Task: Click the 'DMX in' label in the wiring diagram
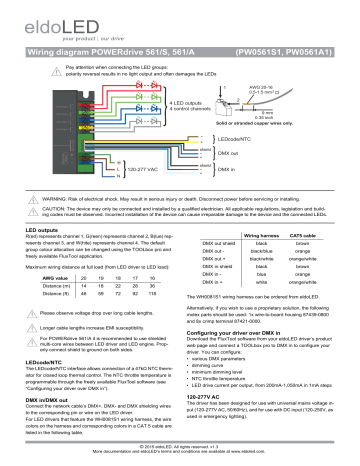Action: coord(257,171)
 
